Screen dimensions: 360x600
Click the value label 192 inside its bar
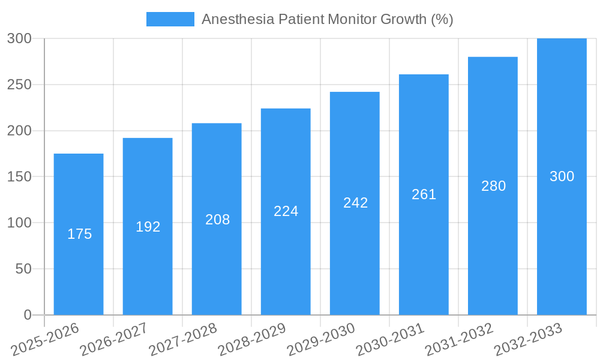(x=148, y=227)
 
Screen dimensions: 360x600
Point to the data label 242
(x=355, y=203)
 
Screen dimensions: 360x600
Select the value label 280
(x=493, y=186)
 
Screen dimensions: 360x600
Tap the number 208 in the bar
(x=217, y=220)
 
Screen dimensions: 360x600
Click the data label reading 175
(x=79, y=234)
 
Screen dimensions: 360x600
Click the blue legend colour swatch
(x=170, y=19)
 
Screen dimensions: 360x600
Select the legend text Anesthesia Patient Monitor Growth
(x=327, y=19)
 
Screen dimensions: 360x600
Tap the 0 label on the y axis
(x=27, y=315)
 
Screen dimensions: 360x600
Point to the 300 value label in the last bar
(x=562, y=176)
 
